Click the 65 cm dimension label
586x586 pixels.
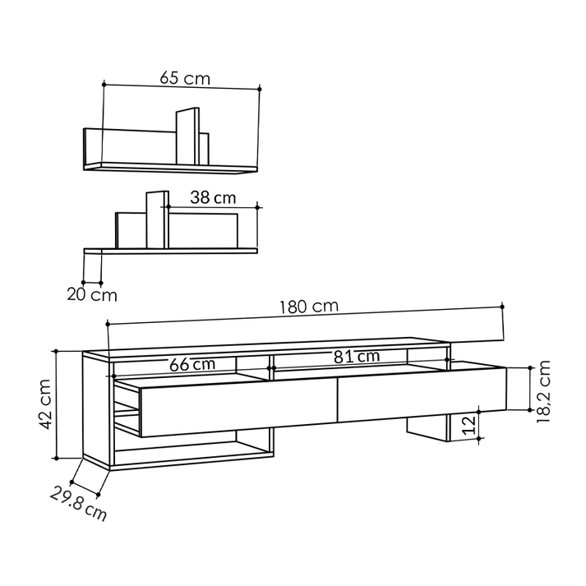click(x=185, y=79)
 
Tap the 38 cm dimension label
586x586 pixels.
click(x=213, y=197)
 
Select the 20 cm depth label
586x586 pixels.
click(x=92, y=293)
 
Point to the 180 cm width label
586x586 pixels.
click(x=309, y=307)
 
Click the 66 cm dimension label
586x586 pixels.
click(x=192, y=364)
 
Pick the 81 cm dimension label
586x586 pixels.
click(x=357, y=357)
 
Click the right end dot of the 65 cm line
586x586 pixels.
click(x=260, y=87)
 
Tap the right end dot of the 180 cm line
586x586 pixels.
click(x=502, y=307)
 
